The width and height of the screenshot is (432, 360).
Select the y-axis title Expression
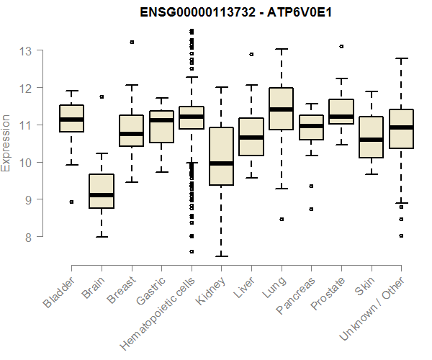6,143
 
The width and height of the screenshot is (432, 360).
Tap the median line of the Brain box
102,195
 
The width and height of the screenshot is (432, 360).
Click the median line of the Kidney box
221,163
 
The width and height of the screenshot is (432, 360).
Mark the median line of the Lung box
281,109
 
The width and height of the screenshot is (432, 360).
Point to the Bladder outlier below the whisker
71,202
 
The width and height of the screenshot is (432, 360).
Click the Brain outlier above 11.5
102,96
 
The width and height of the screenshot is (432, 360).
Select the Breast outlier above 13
131,42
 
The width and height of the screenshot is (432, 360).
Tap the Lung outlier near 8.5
281,219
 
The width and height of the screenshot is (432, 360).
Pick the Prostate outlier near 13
341,46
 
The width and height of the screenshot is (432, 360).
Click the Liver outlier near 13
251,54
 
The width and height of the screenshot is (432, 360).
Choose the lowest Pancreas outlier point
311,209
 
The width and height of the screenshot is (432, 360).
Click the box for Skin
371,137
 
